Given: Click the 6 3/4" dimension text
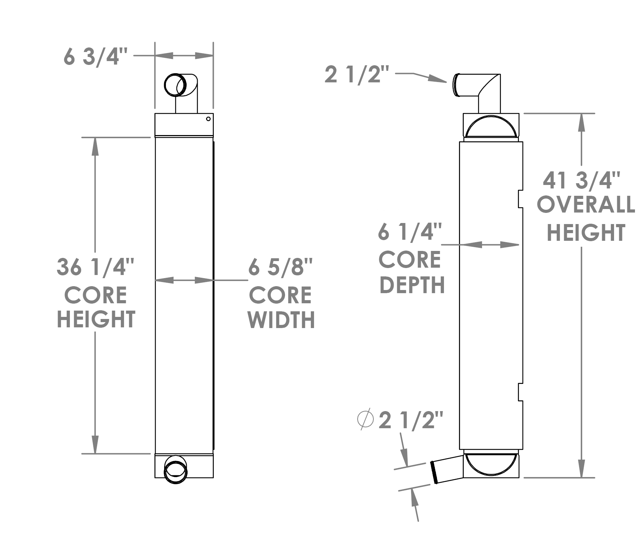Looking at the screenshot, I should tap(96, 56).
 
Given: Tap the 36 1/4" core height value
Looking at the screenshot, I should tap(95, 267).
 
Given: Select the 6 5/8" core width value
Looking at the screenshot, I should tap(280, 268).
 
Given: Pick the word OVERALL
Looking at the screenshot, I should tap(586, 205).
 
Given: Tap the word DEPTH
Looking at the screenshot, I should tap(412, 285).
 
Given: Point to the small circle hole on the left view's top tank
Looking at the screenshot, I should tap(209, 119).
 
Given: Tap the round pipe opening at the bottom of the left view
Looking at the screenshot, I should tap(176, 469).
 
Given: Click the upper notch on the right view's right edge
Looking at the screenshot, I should tap(520, 199).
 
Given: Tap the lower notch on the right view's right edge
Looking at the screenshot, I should tap(520, 392).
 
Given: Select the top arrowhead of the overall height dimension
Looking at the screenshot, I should tap(582, 122).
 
